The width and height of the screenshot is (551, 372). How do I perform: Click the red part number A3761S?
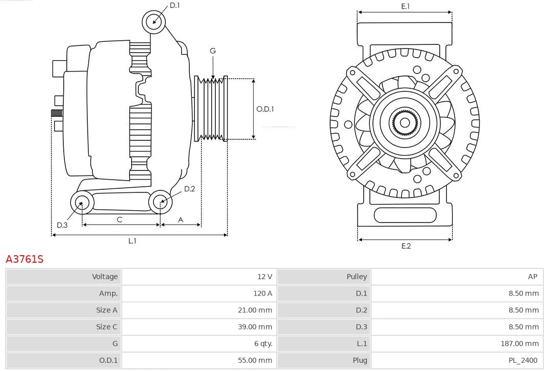point(24,259)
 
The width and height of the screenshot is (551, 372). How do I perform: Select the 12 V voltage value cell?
point(264,277)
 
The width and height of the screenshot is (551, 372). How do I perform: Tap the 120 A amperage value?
point(262,293)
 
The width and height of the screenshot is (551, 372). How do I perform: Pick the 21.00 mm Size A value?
point(255,310)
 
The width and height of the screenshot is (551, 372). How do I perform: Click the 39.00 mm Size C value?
point(255,327)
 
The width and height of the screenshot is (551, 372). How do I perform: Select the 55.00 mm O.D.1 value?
point(255,360)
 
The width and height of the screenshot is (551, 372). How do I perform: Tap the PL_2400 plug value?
point(523,360)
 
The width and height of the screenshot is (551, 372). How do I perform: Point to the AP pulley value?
point(532,277)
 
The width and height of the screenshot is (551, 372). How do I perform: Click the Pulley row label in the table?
point(357,277)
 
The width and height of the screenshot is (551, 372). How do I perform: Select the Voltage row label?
point(105,277)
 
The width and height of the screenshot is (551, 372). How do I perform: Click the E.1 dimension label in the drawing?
point(406,6)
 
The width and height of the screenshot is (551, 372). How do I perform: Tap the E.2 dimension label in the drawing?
point(406,246)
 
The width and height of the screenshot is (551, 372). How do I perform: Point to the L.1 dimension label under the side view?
point(132,241)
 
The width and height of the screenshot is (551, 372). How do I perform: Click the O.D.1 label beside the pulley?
point(265,109)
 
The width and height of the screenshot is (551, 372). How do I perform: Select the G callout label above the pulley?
point(213,51)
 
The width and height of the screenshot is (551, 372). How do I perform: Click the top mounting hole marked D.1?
point(154,21)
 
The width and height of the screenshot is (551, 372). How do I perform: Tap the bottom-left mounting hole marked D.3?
point(81,203)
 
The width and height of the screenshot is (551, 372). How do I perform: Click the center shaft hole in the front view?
point(405,123)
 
